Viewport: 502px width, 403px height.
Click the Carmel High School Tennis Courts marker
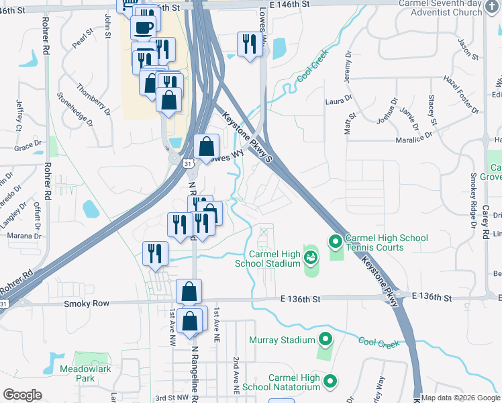click(335, 240)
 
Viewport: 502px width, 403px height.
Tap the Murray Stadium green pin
click(325, 339)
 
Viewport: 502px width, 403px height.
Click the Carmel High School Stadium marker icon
click(311, 256)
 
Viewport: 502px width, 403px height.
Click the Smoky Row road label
click(86, 304)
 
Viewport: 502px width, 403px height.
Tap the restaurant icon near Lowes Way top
click(248, 45)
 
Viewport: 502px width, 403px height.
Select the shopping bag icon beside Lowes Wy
click(207, 146)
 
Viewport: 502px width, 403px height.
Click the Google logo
click(22, 394)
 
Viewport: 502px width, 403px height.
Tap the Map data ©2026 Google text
click(460, 398)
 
